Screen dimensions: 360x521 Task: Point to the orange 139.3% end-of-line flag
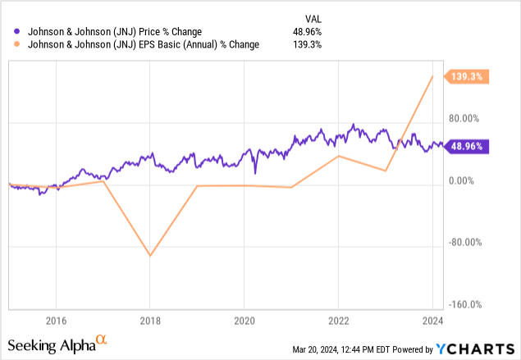[x=468, y=77]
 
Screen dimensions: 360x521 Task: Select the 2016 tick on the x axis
[x=56, y=320]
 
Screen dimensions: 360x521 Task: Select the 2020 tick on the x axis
[x=245, y=320]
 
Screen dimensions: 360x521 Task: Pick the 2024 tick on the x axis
[x=434, y=320]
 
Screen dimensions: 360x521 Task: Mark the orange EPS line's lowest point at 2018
[x=150, y=256]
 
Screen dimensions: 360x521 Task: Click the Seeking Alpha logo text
[x=52, y=344]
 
